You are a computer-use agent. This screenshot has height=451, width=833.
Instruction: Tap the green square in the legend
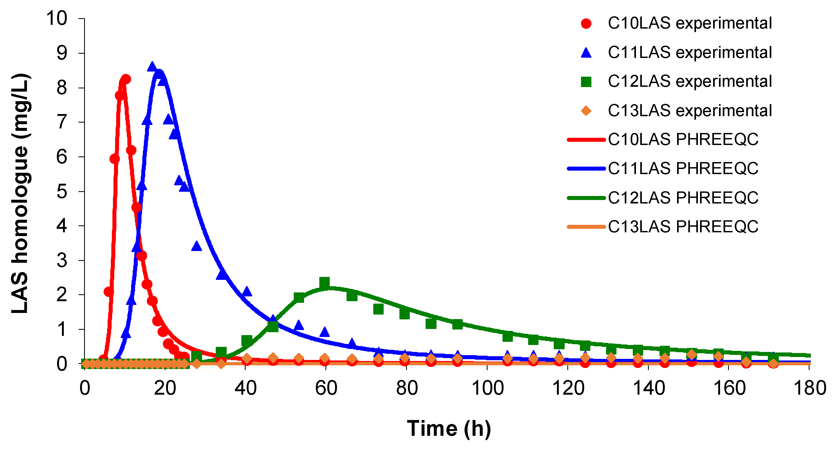[586, 82]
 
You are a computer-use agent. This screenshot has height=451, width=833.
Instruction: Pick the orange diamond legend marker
[586, 111]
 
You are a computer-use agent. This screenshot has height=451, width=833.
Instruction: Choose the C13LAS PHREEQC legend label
[683, 227]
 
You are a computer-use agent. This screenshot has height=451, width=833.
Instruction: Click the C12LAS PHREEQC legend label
[683, 198]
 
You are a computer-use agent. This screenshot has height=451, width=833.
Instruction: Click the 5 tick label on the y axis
[62, 192]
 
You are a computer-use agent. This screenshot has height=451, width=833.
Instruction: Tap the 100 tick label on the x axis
[487, 388]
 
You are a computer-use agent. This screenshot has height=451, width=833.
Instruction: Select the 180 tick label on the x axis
[810, 388]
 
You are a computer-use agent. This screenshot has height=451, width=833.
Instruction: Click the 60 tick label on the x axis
[326, 388]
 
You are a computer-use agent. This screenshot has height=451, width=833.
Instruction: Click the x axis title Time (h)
[449, 428]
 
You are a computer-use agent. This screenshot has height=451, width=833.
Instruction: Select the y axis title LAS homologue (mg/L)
[20, 193]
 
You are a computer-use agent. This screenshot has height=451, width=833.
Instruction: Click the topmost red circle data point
[126, 79]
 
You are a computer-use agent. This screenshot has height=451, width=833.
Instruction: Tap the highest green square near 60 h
[324, 283]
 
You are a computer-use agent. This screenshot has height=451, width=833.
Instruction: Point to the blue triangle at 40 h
[247, 291]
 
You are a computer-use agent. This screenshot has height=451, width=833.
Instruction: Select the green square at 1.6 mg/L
[378, 309]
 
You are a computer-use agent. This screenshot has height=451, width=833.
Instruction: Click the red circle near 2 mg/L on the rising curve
[109, 292]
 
